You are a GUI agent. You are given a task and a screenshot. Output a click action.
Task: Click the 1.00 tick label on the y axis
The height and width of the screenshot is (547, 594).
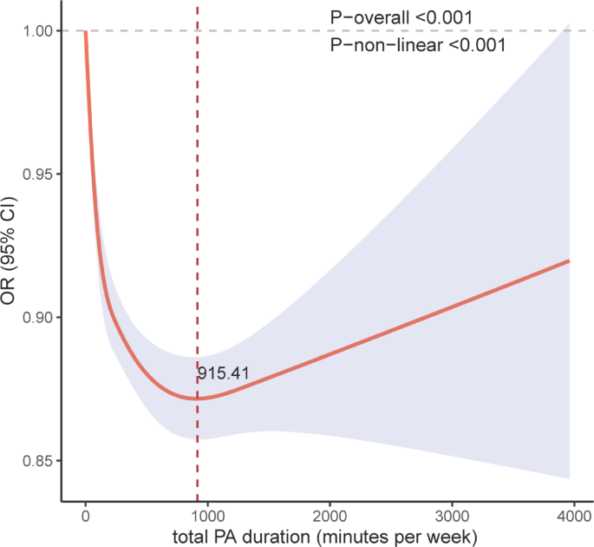pos(36,31)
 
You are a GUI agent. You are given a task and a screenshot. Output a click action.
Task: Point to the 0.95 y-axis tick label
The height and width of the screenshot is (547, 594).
pos(36,175)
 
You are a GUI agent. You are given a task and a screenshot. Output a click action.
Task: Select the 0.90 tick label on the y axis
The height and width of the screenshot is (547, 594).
pos(36,318)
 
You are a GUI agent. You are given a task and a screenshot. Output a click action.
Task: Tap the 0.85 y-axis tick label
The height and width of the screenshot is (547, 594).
pos(36,461)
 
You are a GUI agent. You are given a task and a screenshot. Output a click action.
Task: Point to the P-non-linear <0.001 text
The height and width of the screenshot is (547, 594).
pos(418,45)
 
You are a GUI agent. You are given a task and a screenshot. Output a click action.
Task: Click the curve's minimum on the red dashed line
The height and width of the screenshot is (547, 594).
pos(198,399)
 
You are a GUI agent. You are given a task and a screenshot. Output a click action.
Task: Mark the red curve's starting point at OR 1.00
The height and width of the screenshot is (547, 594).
pos(85,32)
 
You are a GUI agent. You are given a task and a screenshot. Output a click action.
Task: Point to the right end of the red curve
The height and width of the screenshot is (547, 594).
pos(569,260)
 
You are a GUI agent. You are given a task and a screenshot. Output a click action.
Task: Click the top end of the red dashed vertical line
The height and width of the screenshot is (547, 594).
pos(198,7)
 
